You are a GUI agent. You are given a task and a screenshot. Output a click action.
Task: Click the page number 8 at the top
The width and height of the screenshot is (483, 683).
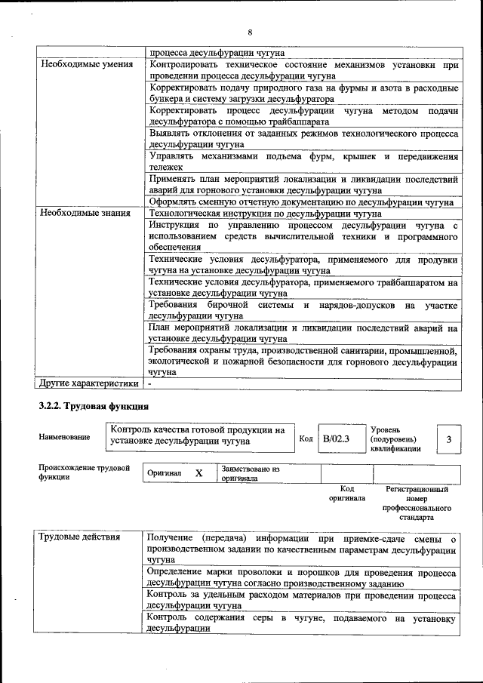249,32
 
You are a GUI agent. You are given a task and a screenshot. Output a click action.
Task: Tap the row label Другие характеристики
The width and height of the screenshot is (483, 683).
88,383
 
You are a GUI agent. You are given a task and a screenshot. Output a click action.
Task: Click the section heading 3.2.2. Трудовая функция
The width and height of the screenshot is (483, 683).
88,407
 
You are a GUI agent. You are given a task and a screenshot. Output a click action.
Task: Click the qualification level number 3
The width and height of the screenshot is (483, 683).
449,439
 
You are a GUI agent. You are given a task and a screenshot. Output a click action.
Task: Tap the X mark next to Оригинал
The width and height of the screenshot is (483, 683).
199,473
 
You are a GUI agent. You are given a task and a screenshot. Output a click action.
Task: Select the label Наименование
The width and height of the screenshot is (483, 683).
64,438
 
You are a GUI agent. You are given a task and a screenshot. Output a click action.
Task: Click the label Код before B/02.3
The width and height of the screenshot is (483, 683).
306,438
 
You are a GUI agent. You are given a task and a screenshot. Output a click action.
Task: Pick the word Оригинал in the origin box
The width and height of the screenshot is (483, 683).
165,473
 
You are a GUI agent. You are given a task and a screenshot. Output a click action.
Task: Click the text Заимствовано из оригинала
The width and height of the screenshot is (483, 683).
250,473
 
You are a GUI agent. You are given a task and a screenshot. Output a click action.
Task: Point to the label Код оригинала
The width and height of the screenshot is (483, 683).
347,494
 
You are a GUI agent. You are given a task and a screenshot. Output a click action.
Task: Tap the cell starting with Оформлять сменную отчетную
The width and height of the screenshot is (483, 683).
300,202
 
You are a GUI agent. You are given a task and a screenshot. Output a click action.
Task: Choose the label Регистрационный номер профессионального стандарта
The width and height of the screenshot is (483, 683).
417,504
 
